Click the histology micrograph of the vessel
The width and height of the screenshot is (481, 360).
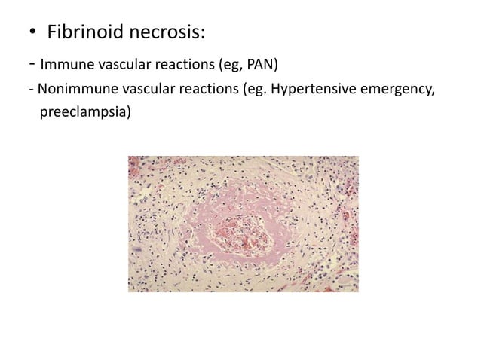coord(243,224)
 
